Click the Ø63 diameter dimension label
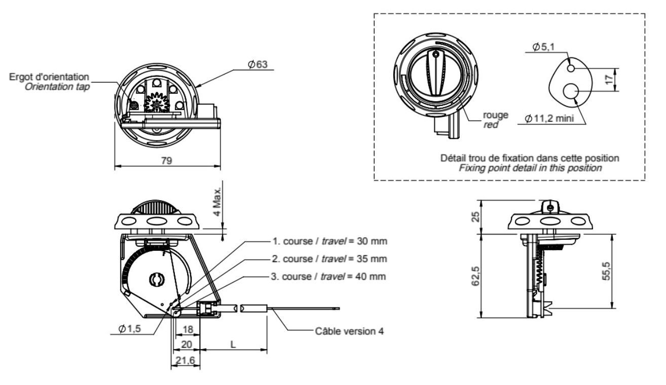(x=257, y=64)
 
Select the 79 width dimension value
(x=166, y=161)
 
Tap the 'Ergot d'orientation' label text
(x=49, y=76)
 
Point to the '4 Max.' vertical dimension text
(x=217, y=202)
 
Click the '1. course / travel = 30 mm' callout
(x=330, y=241)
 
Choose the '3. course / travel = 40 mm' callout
(x=328, y=277)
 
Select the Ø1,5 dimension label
(x=129, y=329)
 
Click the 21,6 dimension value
(x=185, y=360)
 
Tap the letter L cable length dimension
(x=233, y=344)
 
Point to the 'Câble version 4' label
(x=349, y=331)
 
